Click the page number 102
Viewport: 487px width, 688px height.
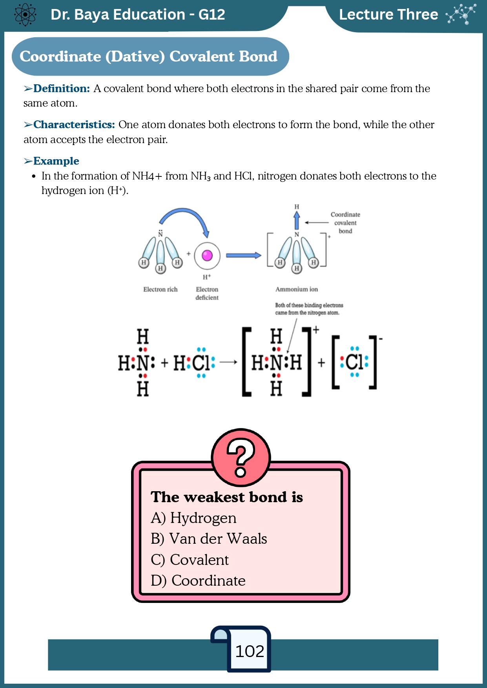(x=250, y=651)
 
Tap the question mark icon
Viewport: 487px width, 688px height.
(x=241, y=457)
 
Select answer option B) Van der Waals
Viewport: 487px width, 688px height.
(x=209, y=539)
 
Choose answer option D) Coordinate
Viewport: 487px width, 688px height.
(x=198, y=581)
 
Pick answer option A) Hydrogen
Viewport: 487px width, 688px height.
(x=193, y=518)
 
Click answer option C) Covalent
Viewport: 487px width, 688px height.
(x=190, y=560)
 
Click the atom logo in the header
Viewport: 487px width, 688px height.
(x=25, y=15)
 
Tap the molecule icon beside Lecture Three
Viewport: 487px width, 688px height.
(x=461, y=14)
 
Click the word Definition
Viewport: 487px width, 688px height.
(x=62, y=89)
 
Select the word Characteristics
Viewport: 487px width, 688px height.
(x=74, y=125)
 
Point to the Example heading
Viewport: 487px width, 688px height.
(x=56, y=161)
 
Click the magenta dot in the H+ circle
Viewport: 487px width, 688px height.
(x=207, y=256)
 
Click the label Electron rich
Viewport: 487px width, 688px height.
(x=161, y=289)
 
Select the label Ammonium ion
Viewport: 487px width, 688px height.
(x=297, y=289)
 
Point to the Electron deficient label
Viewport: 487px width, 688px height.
(x=207, y=293)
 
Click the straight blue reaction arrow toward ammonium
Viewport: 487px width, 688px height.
(x=244, y=256)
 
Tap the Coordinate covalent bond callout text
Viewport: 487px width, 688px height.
(x=345, y=223)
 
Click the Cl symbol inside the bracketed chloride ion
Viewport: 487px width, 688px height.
(x=354, y=362)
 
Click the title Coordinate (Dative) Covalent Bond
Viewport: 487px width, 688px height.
(x=149, y=56)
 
